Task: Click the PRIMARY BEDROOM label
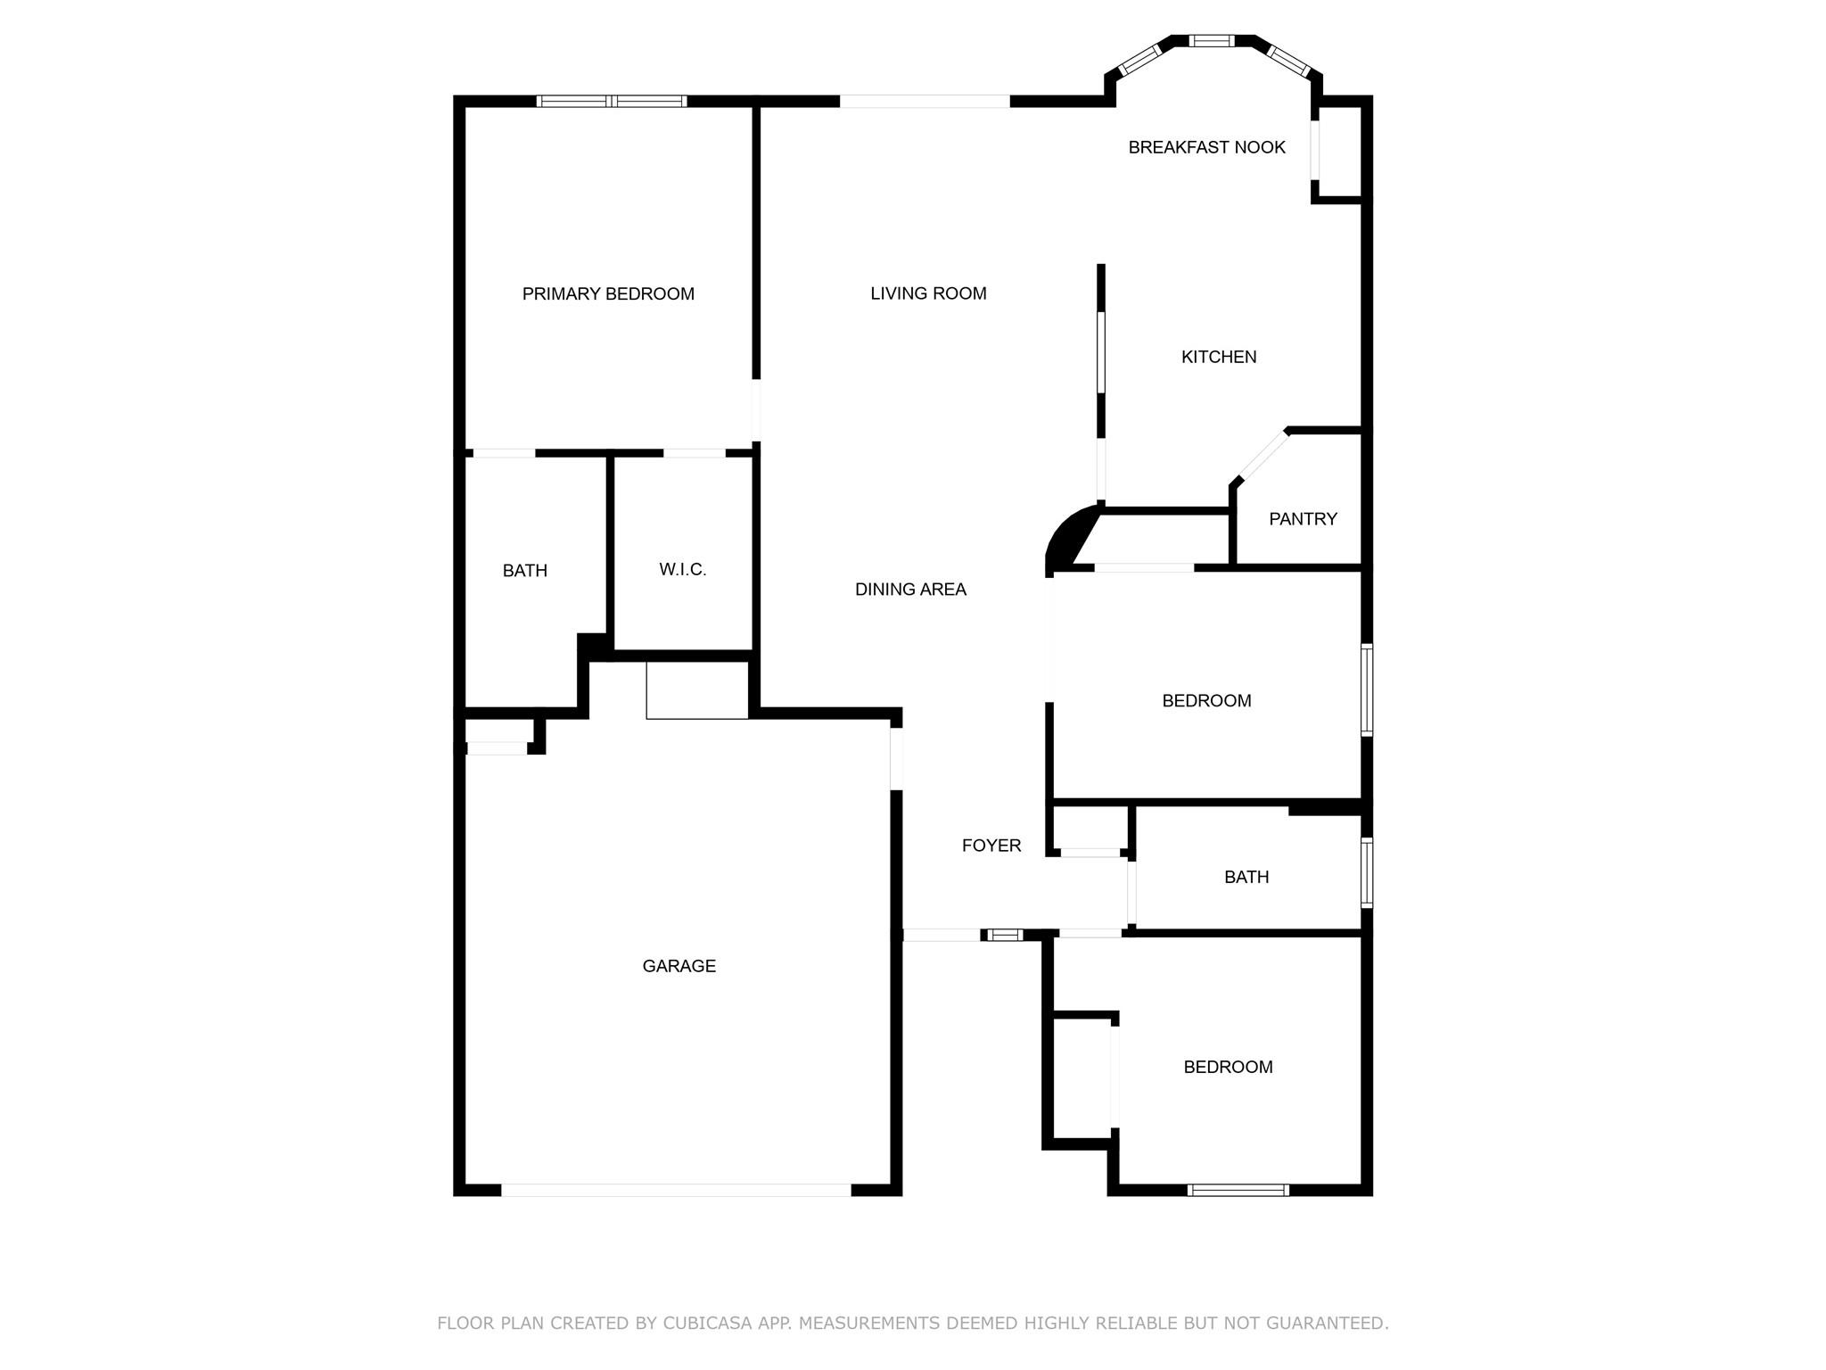coord(608,293)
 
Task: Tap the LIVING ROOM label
coord(928,293)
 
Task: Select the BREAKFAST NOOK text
coord(1206,147)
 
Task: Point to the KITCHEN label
coord(1219,357)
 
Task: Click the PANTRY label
coord(1303,519)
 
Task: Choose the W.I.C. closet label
coord(683,569)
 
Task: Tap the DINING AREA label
coord(910,590)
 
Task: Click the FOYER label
coord(991,846)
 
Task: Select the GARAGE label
coord(679,966)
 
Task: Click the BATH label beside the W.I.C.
coord(525,571)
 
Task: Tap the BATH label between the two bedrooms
coord(1246,878)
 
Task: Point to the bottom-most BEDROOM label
coord(1228,1067)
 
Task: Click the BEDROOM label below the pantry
coord(1206,701)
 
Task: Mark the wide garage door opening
coord(676,1190)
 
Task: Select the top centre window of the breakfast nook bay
coord(1212,40)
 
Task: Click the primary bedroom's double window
coord(612,101)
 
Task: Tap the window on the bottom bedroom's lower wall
coord(1238,1190)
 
